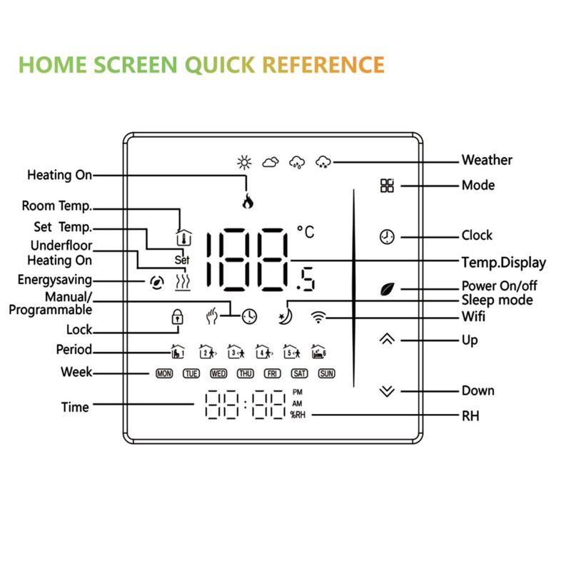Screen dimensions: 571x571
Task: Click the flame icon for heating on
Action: pyautogui.click(x=248, y=201)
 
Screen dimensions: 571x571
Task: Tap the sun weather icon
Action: pyautogui.click(x=244, y=162)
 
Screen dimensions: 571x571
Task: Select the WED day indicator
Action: pyautogui.click(x=218, y=373)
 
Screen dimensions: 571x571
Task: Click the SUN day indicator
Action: pyautogui.click(x=326, y=373)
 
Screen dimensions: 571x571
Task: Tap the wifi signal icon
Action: pyautogui.click(x=318, y=317)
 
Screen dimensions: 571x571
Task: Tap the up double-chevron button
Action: pyautogui.click(x=387, y=339)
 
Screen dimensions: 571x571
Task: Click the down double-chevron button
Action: pyautogui.click(x=387, y=391)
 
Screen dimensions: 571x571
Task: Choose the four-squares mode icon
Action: pyautogui.click(x=387, y=186)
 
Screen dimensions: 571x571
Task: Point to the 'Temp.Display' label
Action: pyautogui.click(x=503, y=263)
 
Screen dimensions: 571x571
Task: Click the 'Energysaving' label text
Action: pyautogui.click(x=55, y=280)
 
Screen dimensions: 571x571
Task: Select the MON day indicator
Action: pyautogui.click(x=164, y=373)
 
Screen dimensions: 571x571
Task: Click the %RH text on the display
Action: pyautogui.click(x=298, y=414)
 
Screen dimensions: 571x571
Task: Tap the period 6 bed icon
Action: pyautogui.click(x=318, y=351)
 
